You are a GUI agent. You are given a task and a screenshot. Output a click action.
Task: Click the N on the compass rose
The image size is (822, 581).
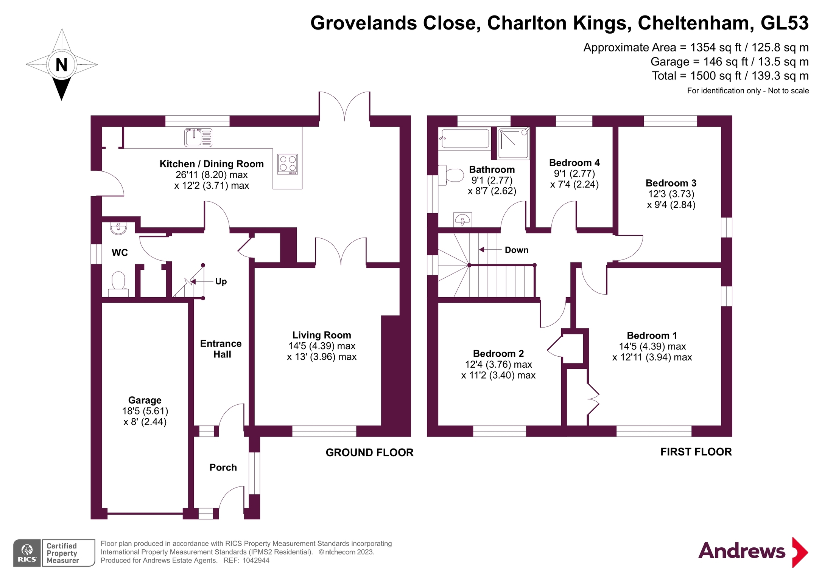point(61,65)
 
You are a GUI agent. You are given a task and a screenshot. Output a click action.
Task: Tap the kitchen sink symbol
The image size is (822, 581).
point(198,137)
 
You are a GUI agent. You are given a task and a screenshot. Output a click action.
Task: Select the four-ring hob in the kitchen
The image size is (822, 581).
point(287,164)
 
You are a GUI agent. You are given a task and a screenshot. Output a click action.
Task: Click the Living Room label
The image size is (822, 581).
point(321,335)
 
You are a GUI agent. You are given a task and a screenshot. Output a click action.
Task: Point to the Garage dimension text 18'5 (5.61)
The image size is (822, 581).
point(145,411)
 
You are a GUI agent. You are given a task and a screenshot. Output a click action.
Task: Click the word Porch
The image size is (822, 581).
point(223,468)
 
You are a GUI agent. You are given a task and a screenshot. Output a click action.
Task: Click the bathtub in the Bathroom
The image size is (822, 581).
point(465,138)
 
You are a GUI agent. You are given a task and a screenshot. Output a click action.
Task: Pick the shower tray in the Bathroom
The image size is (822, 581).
point(513,143)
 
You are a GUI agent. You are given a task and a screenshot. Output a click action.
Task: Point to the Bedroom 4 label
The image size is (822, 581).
point(574,163)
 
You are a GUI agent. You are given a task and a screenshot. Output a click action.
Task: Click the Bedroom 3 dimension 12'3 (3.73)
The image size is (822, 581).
point(671,194)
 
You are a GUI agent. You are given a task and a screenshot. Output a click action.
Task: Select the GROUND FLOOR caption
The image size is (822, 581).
point(369,452)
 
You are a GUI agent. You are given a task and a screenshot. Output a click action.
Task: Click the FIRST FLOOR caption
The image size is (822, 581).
point(696,452)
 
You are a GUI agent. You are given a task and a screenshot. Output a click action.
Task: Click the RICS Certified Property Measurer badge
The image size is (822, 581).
point(54,553)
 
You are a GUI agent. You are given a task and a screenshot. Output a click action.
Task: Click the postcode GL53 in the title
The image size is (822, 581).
point(784,23)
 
